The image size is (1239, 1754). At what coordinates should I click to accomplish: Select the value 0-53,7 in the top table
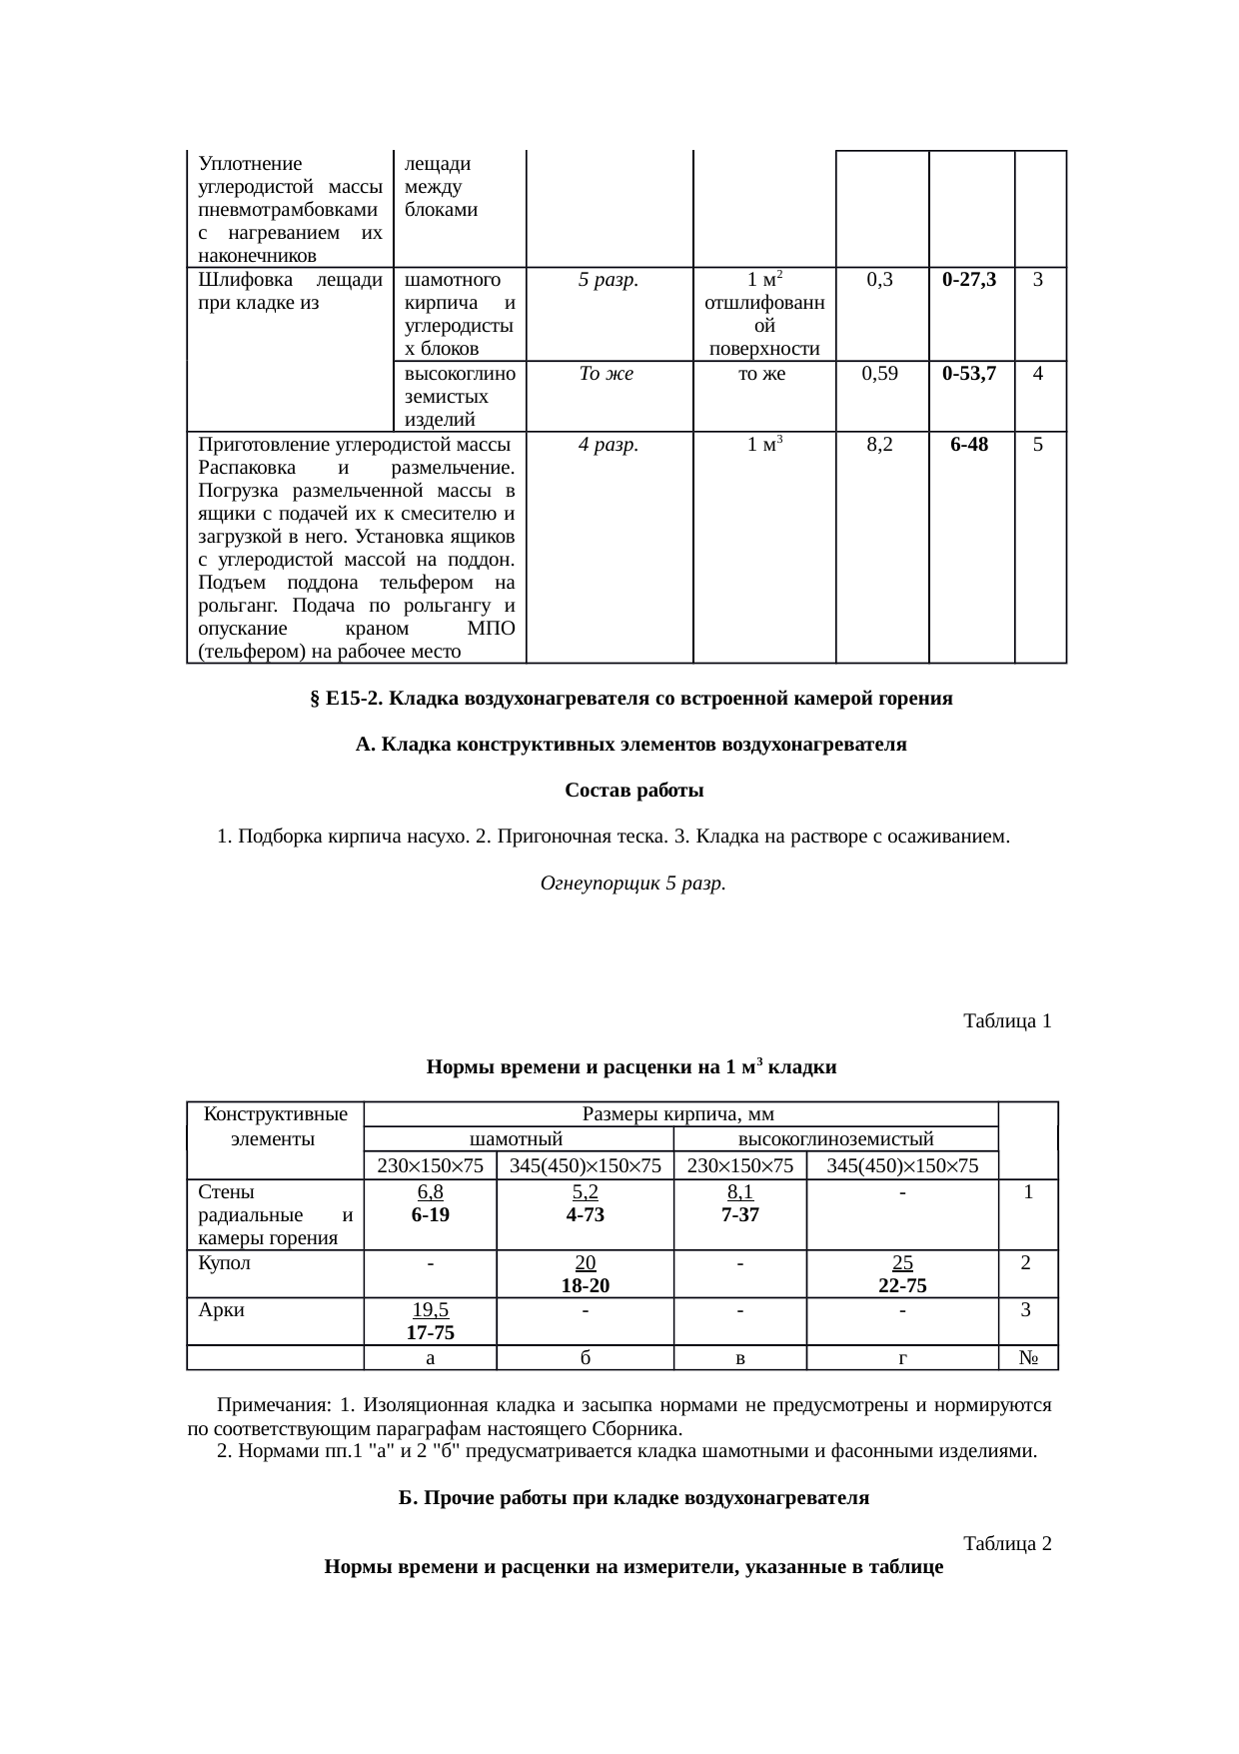coord(969,374)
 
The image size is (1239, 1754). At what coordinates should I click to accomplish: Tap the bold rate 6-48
coord(969,445)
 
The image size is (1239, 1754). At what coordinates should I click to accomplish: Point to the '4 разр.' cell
coord(609,445)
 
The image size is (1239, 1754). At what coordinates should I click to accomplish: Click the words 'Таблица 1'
coord(1006,1020)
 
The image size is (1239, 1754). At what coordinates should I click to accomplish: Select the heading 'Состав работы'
coord(633,791)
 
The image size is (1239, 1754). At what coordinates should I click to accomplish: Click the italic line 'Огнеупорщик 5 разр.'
coord(631,883)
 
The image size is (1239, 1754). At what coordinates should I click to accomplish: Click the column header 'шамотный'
coord(517,1138)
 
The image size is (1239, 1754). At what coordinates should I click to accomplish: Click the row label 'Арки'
coord(221,1309)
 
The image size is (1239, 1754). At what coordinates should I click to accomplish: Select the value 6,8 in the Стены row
coord(430,1192)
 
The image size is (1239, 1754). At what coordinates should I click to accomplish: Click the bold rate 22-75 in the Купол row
coord(901,1285)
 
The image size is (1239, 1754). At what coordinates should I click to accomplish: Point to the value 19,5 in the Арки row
coord(430,1310)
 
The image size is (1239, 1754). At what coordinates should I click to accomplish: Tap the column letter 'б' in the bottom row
coord(585,1358)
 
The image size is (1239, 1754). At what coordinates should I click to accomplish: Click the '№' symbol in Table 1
coord(1027,1358)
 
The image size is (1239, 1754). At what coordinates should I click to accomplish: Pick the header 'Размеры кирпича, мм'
coord(678,1113)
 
